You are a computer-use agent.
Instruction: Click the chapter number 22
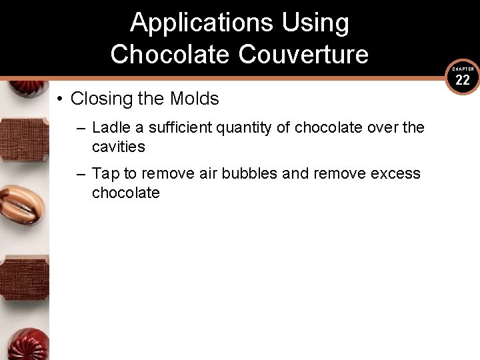click(x=463, y=81)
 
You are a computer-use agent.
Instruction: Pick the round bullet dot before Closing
click(x=60, y=99)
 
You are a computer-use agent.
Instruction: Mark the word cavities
click(x=118, y=146)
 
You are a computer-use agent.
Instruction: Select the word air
click(x=208, y=174)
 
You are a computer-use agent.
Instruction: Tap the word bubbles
click(x=250, y=174)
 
